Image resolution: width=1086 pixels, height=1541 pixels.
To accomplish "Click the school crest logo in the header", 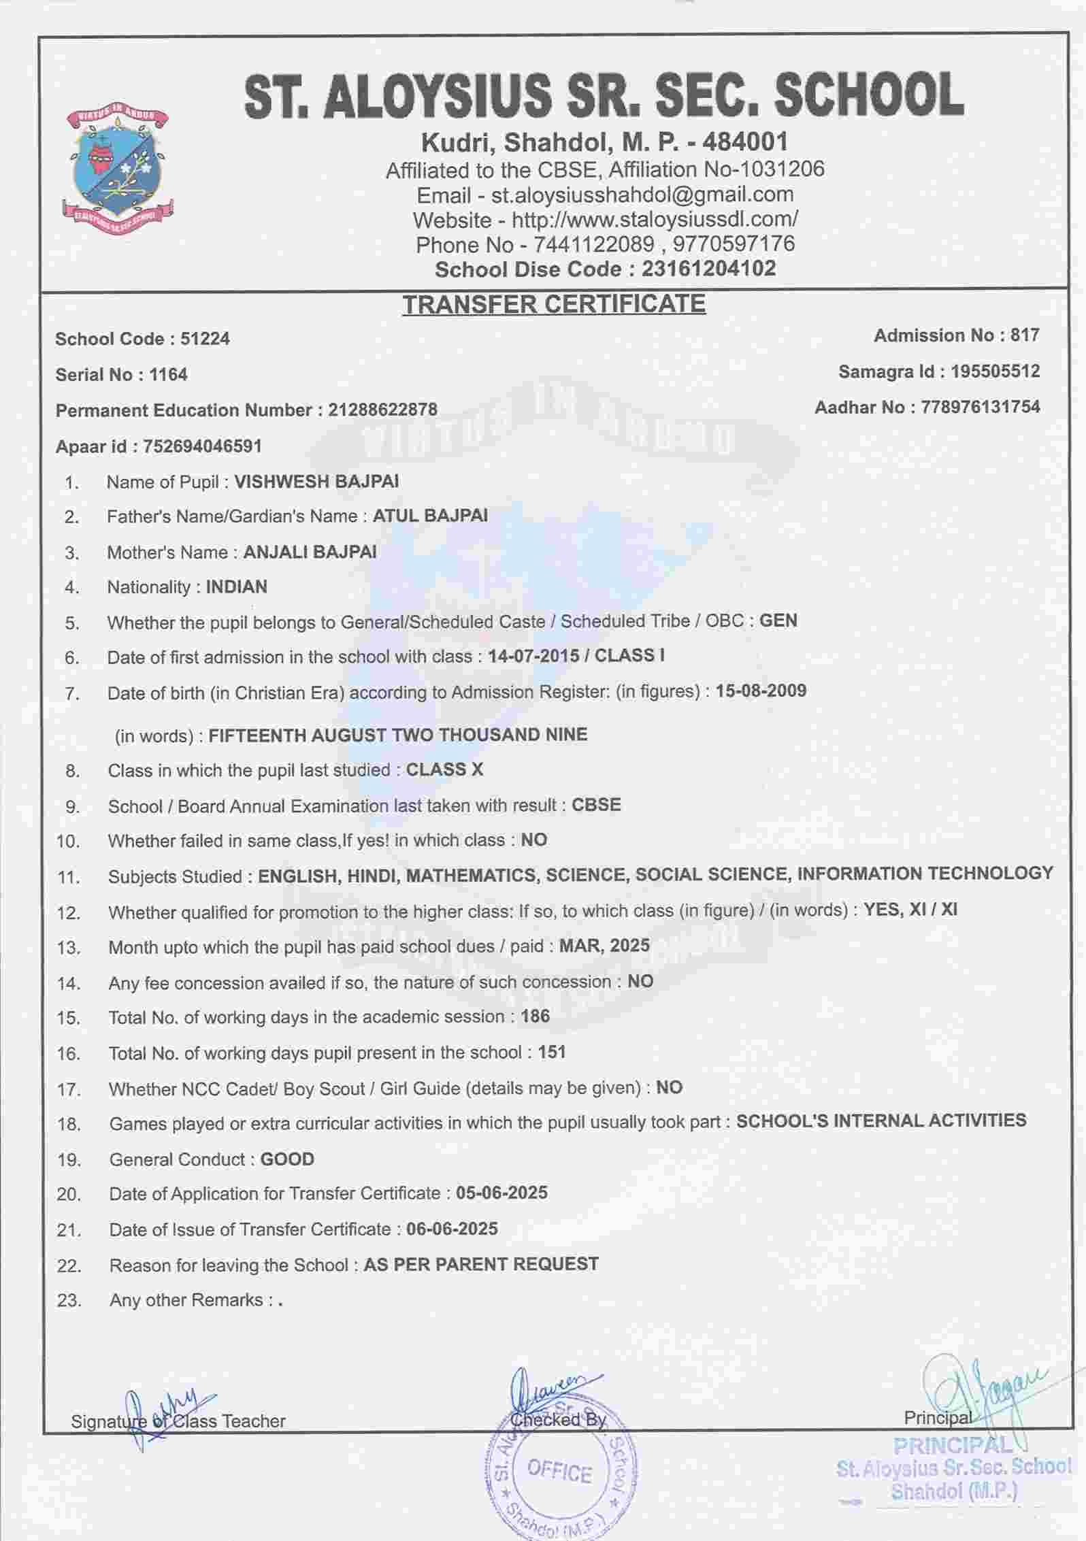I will (x=121, y=170).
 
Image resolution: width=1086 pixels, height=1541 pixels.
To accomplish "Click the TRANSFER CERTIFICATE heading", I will (x=554, y=303).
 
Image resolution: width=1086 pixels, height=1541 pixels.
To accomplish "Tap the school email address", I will (x=642, y=195).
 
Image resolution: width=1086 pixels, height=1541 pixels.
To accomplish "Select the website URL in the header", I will (x=655, y=220).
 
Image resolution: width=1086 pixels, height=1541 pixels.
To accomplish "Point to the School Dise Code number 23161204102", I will (x=708, y=269).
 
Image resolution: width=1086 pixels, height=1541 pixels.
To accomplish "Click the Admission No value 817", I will (x=1025, y=335).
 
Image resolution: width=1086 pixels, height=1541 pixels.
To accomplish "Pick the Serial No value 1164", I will (x=168, y=375).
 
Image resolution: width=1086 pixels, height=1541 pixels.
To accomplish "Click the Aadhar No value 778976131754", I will (x=980, y=408).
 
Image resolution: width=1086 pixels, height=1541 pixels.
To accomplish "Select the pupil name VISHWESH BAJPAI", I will (x=316, y=482).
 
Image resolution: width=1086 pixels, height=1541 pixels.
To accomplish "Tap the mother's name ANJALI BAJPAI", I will (x=310, y=552).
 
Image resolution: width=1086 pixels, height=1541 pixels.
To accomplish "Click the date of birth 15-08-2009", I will (x=761, y=691).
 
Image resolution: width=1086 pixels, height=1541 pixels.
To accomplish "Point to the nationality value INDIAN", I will (x=236, y=586).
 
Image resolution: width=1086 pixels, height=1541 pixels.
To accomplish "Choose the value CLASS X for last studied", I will (x=444, y=769).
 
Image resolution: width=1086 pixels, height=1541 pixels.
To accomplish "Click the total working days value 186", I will (x=535, y=1016).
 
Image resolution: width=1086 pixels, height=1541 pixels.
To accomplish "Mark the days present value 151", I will (x=551, y=1052).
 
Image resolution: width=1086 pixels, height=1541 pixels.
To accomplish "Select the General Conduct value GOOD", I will (x=287, y=1159).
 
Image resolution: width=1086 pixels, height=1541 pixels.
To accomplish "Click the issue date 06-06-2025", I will (x=452, y=1229).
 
